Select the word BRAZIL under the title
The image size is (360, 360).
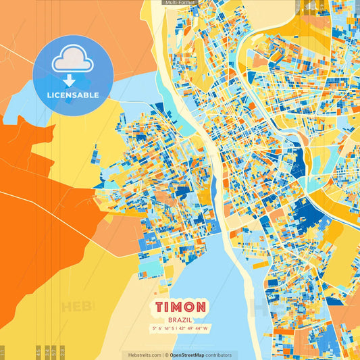(x=180, y=319)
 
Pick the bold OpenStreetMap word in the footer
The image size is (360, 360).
(x=191, y=355)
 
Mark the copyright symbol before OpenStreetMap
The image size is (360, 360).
(x=168, y=355)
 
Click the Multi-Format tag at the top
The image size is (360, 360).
(x=180, y=3)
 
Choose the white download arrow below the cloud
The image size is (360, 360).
(x=73, y=80)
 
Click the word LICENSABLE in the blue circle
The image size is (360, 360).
(x=73, y=95)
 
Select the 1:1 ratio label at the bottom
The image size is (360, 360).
(x=3, y=352)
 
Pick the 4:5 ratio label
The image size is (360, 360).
(x=37, y=352)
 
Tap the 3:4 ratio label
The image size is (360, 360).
(x=46, y=352)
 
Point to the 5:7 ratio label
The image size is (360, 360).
(x=55, y=352)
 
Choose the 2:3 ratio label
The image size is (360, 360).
(x=62, y=352)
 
